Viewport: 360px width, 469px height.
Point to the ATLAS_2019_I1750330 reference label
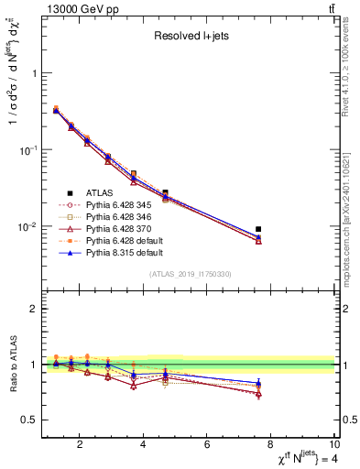coord(191,274)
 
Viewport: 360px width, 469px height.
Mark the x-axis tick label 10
coord(334,446)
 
